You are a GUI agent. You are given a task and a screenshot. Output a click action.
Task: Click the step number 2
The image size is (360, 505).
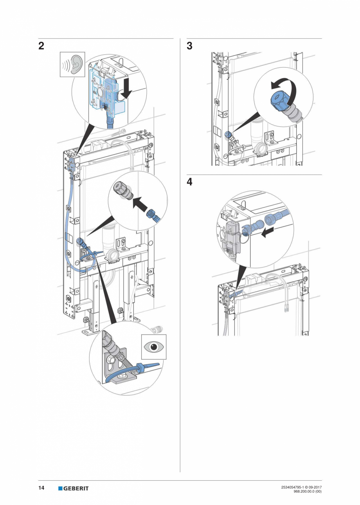pos(41,46)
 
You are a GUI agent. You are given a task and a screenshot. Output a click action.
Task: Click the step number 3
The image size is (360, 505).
pos(189,46)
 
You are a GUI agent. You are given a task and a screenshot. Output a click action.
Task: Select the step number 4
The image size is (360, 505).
pos(189,182)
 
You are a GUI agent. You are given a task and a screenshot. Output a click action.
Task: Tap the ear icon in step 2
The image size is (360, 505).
pos(72,65)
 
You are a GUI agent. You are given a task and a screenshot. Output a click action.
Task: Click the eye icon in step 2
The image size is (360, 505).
pos(153,347)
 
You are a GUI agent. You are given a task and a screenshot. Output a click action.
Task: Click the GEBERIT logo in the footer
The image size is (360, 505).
pos(74,488)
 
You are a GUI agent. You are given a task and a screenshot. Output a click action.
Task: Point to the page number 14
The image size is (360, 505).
pos(41,488)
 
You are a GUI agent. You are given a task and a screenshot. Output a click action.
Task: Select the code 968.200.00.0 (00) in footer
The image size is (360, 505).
pos(307,491)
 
